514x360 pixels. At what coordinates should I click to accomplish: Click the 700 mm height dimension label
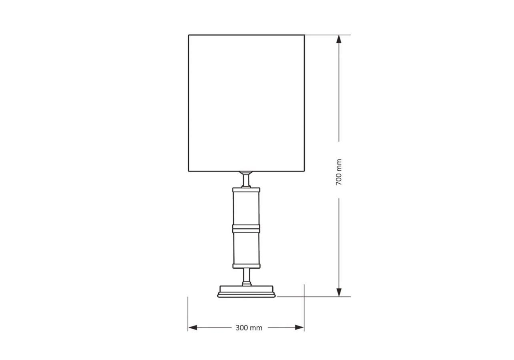coord(339,172)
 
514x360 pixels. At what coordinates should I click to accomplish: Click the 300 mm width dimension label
coord(249,328)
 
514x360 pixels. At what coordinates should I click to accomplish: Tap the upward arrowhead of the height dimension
coord(339,39)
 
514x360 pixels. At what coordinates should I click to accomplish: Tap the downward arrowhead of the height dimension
coord(339,292)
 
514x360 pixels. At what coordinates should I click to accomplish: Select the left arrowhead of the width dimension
coord(192,328)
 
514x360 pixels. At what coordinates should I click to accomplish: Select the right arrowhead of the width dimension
coord(299,328)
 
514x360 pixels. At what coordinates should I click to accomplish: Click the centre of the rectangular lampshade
coord(247,103)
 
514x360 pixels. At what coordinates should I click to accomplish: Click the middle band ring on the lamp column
coord(246,229)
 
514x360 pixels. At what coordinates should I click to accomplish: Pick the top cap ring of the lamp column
coord(246,190)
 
